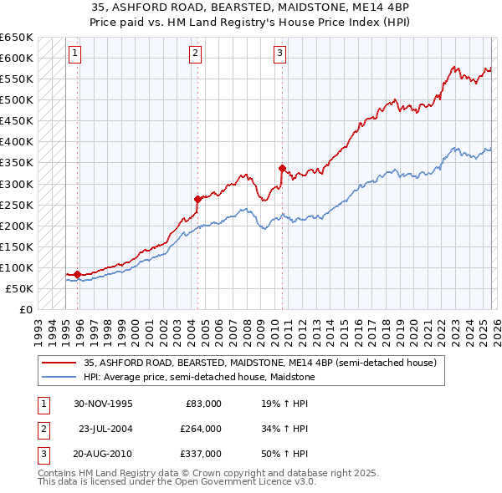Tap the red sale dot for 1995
pyautogui.click(x=77, y=274)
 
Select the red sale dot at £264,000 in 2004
pyautogui.click(x=197, y=199)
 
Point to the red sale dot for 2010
pyautogui.click(x=282, y=168)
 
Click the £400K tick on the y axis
pyautogui.click(x=17, y=142)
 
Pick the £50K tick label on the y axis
pyautogui.click(x=20, y=288)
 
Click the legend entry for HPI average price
pyautogui.click(x=199, y=377)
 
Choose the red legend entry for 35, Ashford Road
pyautogui.click(x=259, y=363)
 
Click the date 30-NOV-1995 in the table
pyautogui.click(x=104, y=404)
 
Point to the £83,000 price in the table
pyautogui.click(x=203, y=404)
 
